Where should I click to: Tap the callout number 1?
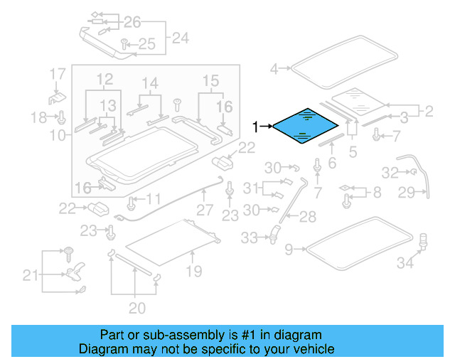coord(257,127)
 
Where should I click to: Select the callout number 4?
coord(274,69)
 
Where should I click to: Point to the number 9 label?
coord(289,250)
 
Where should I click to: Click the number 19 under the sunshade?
coord(193,271)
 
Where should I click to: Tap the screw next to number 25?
coord(124,44)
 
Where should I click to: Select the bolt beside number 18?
coord(61,116)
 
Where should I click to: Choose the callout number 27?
coord(205,210)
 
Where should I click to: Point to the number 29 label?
coord(426,192)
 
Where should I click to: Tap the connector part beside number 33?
coord(272,232)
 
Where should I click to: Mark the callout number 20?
coord(136,308)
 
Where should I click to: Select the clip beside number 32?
coord(411,171)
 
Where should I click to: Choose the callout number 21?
coord(30,275)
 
